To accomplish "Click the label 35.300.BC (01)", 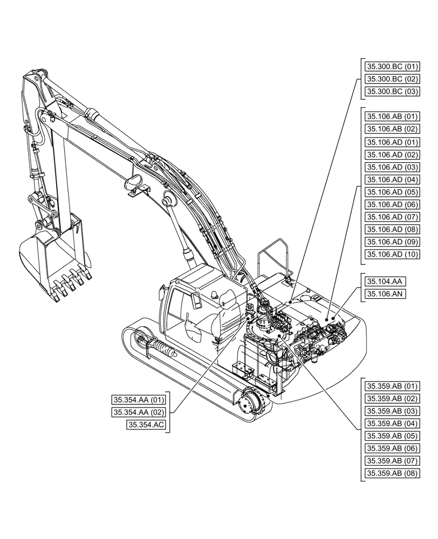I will pos(392,67).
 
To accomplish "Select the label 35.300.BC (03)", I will pos(392,92).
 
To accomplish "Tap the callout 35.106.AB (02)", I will pos(392,129).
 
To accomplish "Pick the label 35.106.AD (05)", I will pos(392,192).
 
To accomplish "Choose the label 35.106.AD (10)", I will pos(392,254).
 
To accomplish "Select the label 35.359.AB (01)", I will pos(392,386).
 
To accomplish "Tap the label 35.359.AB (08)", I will pos(392,474).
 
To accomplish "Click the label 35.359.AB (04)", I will pos(392,424).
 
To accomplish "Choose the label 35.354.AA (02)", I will pos(139,412).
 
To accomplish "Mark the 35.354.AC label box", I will pos(146,425).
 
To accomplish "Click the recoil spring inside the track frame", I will pos(159,349).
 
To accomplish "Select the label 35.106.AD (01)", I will pos(392,142).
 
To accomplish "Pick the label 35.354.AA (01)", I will pos(139,400).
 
